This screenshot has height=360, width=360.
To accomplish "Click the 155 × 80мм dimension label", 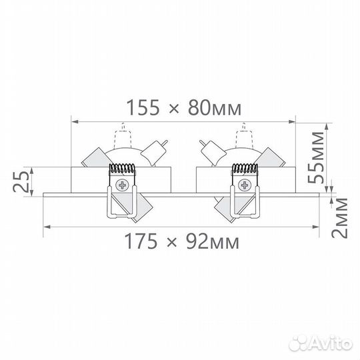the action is coord(184,108).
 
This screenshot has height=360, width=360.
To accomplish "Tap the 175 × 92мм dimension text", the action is coord(181,241).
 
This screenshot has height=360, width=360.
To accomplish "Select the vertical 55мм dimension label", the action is coord(316,157).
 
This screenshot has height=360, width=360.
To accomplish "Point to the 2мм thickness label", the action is coord(339,217).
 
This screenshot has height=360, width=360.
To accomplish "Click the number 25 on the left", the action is coord(21,182).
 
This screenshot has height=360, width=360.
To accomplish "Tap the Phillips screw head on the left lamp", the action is coord(122,185).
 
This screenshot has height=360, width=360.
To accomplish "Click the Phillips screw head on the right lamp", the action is coord(245,185).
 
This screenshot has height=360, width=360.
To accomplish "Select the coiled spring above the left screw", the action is coord(122,168).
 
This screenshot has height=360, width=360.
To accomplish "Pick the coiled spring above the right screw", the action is coord(245,168).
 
